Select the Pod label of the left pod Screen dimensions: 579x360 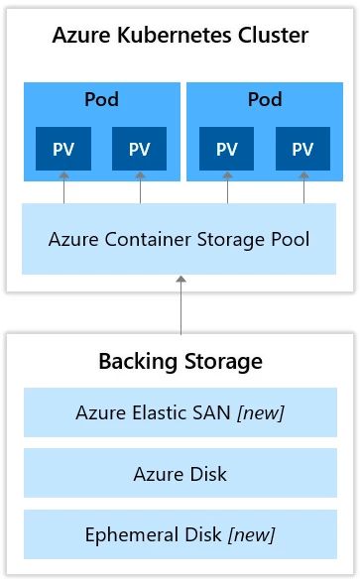(102, 100)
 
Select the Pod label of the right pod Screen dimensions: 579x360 (265, 100)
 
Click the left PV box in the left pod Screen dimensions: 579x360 (63, 149)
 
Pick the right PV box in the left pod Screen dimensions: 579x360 (140, 149)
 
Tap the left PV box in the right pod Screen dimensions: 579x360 (227, 149)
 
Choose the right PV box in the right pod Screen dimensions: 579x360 (303, 149)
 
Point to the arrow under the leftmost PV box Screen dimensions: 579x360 (63, 187)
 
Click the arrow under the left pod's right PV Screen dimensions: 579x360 (140, 187)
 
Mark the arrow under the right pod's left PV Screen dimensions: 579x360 (227, 187)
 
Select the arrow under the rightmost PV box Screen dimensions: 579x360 (303, 187)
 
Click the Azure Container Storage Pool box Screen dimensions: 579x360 (180, 239)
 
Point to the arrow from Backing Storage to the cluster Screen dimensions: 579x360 (180, 305)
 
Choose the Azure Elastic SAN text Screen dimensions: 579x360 (152, 412)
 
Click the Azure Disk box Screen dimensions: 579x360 (180, 474)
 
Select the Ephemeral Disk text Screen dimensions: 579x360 (155, 535)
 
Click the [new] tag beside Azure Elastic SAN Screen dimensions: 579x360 (260, 412)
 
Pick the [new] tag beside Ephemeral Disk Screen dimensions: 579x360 (251, 535)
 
